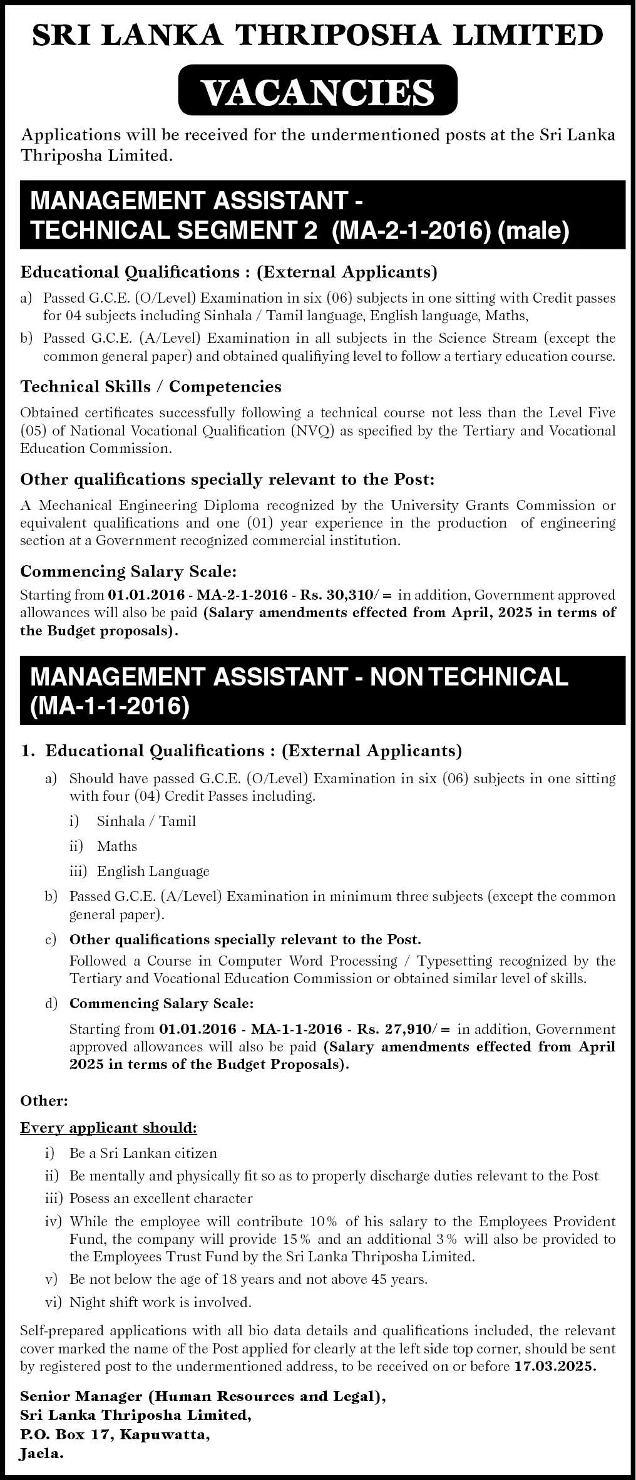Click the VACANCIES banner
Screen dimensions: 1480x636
[x=317, y=91]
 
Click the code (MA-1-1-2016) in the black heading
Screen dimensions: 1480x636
[x=110, y=706]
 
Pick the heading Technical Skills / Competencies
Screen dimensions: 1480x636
[x=151, y=386]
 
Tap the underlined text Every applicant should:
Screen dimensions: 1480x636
[x=108, y=1127]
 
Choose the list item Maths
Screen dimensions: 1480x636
[x=116, y=846]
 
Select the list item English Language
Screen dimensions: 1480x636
[x=153, y=871]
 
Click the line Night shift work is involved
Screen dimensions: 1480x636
[x=160, y=1301]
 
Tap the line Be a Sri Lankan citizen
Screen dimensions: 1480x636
[x=143, y=1152]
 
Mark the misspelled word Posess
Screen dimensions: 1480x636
[x=89, y=1198]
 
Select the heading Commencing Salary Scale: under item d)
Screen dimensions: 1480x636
[x=162, y=1003]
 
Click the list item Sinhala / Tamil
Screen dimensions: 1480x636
[x=146, y=821]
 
